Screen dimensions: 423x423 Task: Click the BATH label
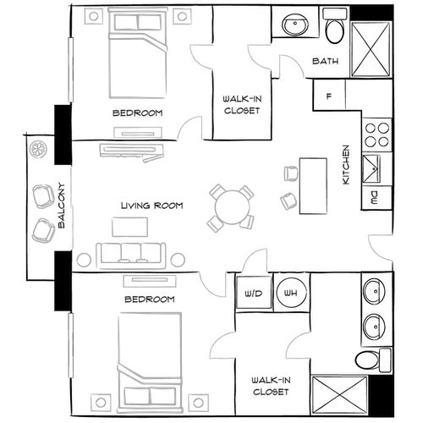tap(326, 62)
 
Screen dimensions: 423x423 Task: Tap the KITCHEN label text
tap(346, 165)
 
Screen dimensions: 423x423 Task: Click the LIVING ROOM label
tap(151, 206)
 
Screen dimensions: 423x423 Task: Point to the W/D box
tap(252, 294)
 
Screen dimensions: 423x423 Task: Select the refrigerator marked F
tap(328, 95)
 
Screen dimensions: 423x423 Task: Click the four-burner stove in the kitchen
tap(376, 135)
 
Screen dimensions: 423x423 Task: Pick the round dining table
tap(231, 206)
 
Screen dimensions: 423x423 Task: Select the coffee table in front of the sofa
tap(129, 226)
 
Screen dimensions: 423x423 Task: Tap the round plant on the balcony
tap(39, 150)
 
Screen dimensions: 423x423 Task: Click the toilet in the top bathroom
tap(334, 30)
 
